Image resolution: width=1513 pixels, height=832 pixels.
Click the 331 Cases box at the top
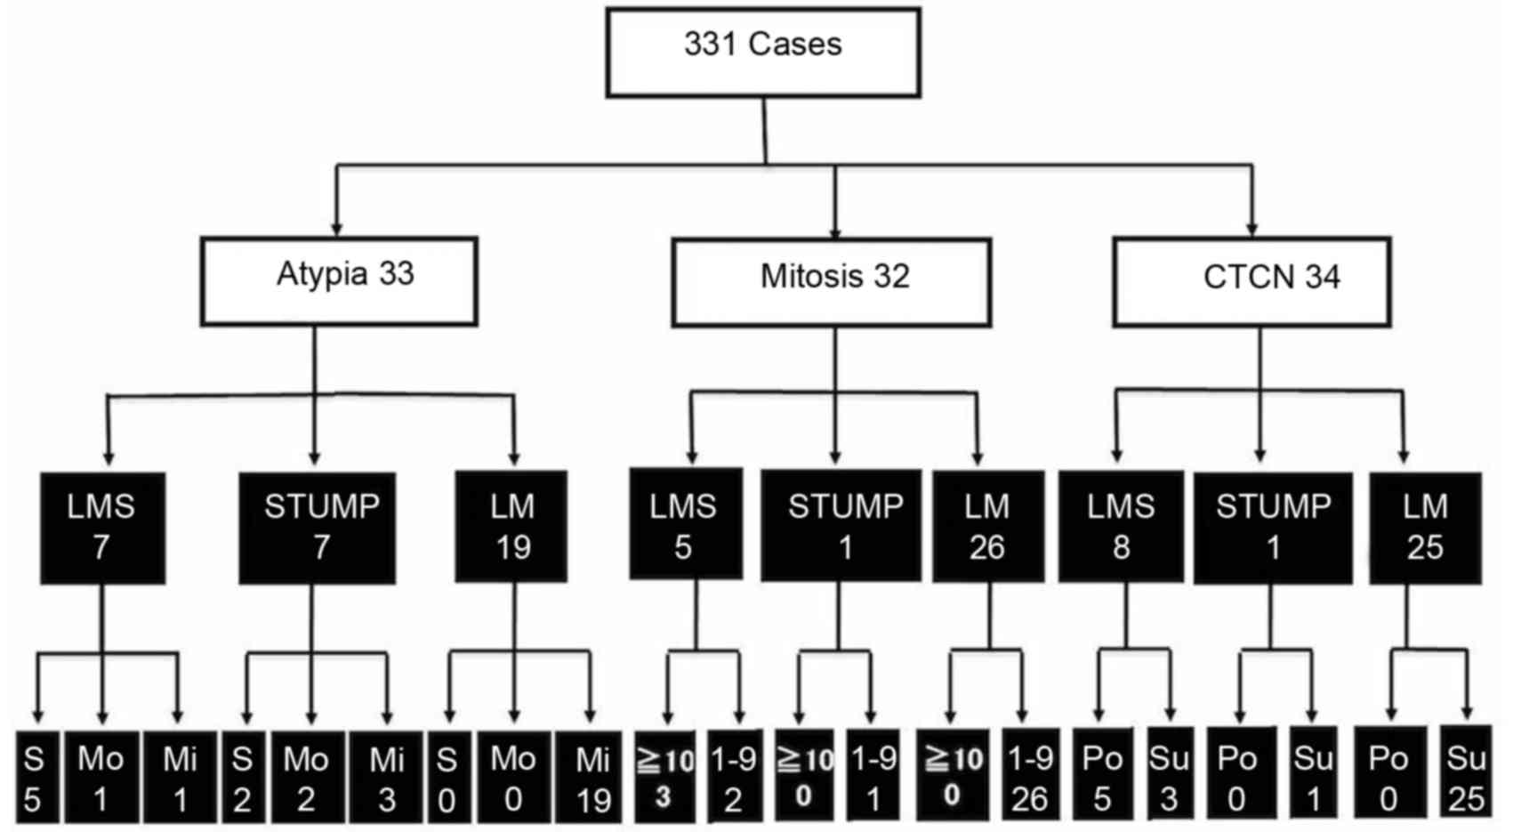point(762,53)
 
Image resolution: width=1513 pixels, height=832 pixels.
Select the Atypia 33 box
point(339,281)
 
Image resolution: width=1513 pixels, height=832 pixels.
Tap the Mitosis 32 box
point(831,282)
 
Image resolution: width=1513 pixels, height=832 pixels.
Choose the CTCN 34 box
point(1251,282)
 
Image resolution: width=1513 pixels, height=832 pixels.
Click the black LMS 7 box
point(102,528)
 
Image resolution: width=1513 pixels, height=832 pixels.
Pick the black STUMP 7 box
point(318,528)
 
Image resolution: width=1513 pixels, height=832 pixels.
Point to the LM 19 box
point(511,527)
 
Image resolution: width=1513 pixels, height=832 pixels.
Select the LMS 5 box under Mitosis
point(685,524)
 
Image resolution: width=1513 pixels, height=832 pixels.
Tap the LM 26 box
point(987,527)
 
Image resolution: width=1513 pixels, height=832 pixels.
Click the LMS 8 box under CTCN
point(1121,527)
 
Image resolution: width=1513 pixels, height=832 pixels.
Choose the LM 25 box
point(1425,528)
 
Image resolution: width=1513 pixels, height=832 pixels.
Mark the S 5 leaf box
point(36,776)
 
